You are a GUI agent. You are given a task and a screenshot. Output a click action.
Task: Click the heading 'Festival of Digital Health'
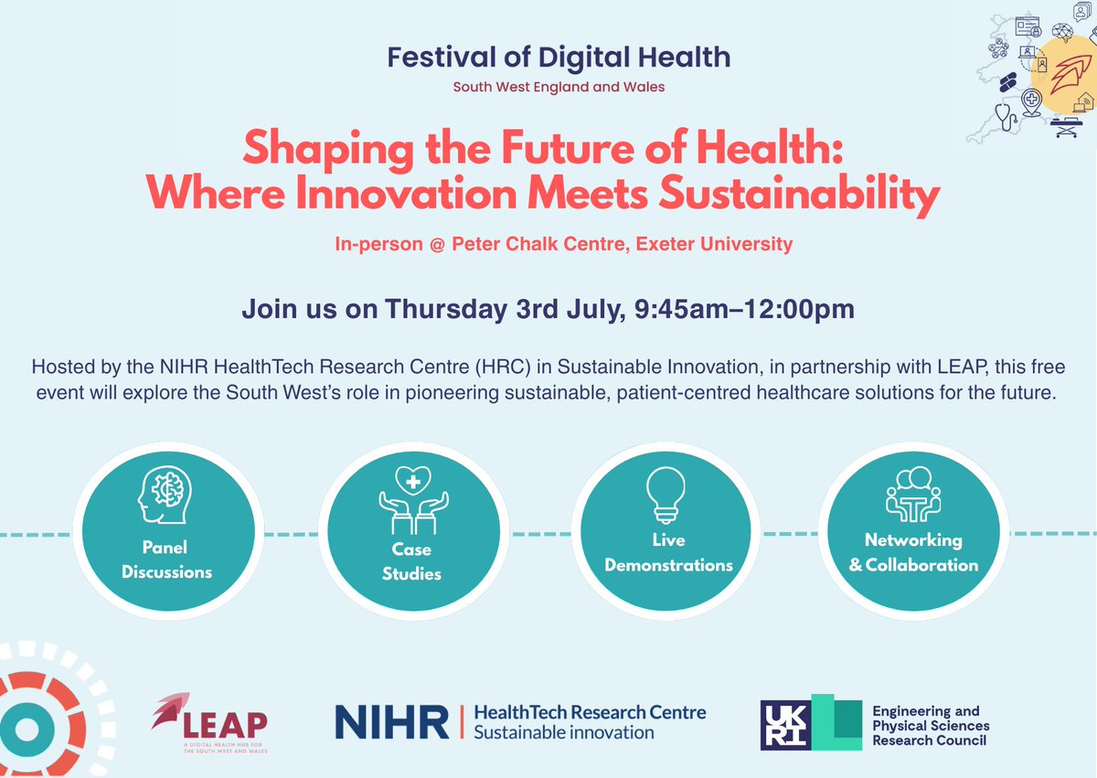(559, 58)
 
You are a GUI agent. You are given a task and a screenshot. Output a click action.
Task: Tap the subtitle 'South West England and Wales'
(559, 88)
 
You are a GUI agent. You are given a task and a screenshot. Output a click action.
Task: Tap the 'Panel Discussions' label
(166, 560)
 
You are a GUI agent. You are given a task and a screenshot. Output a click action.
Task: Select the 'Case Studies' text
(411, 561)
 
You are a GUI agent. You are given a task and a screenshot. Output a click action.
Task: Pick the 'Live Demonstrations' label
(668, 552)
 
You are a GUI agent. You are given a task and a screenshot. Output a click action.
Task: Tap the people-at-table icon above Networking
(913, 495)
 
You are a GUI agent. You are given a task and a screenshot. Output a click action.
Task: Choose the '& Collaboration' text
(913, 564)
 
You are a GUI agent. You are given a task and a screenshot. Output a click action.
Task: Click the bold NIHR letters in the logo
(392, 721)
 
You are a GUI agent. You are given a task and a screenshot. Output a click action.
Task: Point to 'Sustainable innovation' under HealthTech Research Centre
(563, 732)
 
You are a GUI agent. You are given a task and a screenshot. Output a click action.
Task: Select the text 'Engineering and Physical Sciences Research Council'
(931, 725)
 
